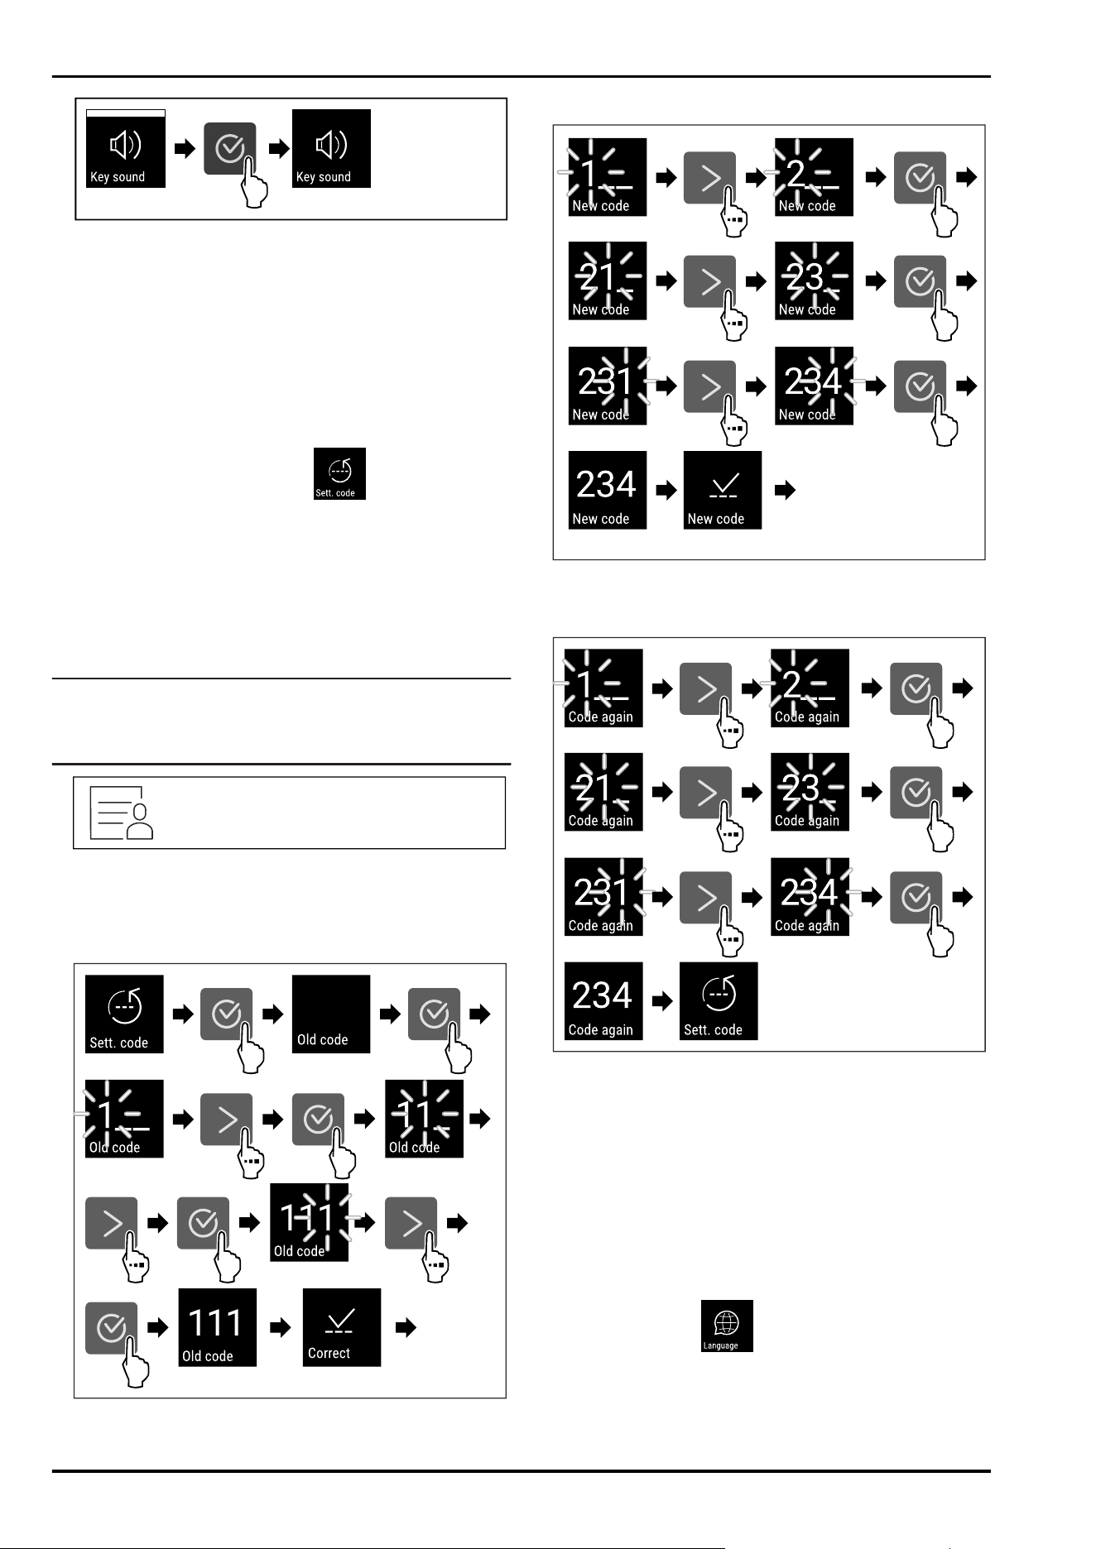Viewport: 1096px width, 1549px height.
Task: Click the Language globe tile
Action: tap(727, 1326)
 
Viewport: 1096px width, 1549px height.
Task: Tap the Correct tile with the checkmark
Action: tap(342, 1327)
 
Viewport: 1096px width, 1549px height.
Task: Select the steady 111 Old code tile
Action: tap(218, 1327)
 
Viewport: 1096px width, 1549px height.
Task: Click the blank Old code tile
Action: tap(331, 1014)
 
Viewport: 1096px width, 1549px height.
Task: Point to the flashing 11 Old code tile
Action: tap(424, 1119)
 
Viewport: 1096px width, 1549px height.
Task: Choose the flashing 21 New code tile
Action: tap(608, 281)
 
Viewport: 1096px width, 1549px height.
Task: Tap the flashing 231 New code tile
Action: tap(608, 386)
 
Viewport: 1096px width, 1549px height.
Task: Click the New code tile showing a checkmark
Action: tap(723, 490)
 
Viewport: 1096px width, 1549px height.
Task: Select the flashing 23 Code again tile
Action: tap(810, 792)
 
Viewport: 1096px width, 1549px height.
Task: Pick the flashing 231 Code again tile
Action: tap(603, 897)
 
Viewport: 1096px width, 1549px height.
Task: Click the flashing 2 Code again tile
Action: tap(810, 688)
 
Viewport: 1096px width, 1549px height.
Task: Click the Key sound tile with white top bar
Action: tap(126, 148)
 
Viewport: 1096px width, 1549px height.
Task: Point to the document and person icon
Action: tap(122, 813)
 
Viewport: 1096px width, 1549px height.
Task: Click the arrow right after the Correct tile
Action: tap(406, 1328)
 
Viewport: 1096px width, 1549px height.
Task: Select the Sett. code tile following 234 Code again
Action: tap(719, 1001)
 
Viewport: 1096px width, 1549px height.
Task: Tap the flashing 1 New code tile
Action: tap(608, 177)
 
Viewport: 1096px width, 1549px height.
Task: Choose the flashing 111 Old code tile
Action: tap(309, 1223)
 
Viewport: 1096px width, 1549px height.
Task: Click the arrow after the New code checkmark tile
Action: tap(786, 491)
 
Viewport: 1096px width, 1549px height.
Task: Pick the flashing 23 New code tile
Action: tap(814, 281)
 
